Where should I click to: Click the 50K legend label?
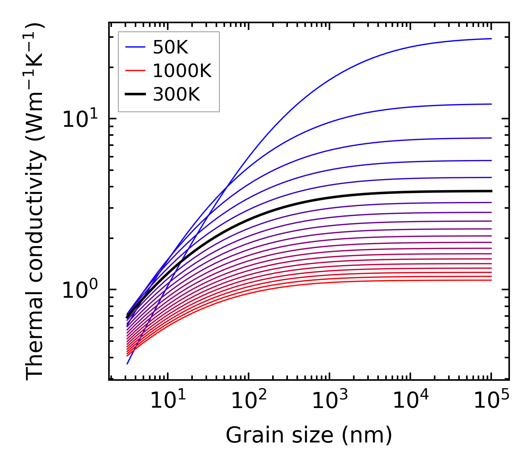click(170, 47)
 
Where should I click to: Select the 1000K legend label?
click(182, 71)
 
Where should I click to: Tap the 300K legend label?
click(176, 95)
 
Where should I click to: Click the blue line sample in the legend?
click(135, 47)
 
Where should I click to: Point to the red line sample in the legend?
click(135, 71)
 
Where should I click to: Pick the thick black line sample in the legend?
click(135, 95)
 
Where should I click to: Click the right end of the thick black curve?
click(491, 191)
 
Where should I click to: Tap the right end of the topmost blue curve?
click(491, 39)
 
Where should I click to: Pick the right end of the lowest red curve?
click(491, 280)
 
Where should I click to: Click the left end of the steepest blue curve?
click(127, 364)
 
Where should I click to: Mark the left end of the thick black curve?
click(127, 318)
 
